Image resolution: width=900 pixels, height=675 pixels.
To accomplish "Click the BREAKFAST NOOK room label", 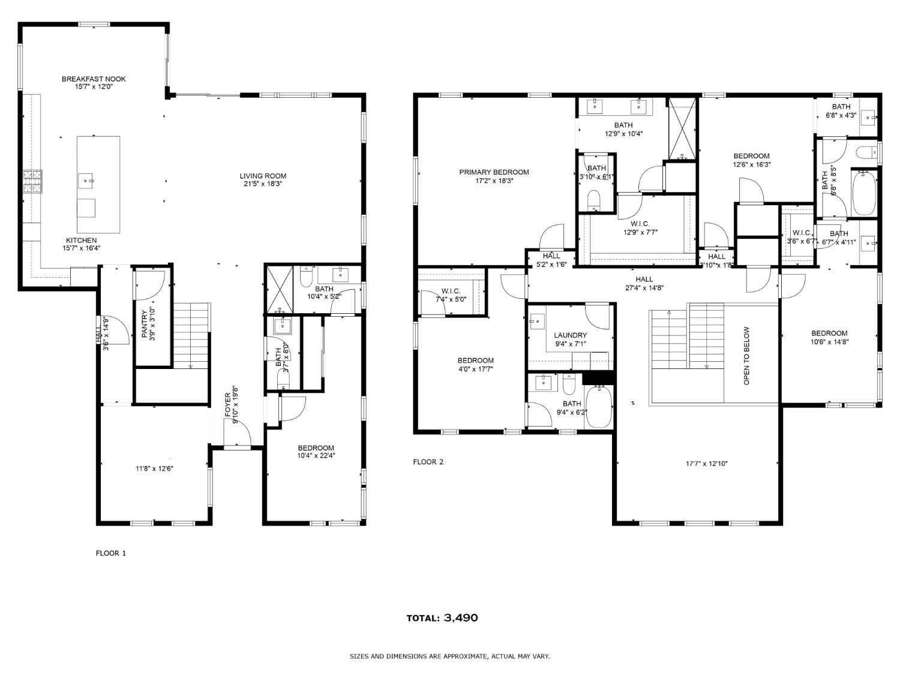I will point(94,79).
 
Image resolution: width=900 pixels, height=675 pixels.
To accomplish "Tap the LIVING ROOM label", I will point(263,176).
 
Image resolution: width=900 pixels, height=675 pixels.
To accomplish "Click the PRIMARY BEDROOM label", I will point(494,172).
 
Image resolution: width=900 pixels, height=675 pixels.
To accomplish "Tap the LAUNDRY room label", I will point(570,335).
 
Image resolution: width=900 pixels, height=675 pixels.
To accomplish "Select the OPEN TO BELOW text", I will point(747,355).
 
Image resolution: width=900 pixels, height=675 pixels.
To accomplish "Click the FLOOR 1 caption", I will point(111,553).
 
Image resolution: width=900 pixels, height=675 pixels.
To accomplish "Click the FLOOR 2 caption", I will point(428,462).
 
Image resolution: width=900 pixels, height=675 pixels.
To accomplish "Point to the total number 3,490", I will point(461,618).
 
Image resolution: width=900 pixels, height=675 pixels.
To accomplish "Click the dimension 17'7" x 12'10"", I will point(707,464).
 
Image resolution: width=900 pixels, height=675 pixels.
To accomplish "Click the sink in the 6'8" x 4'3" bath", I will point(868,118).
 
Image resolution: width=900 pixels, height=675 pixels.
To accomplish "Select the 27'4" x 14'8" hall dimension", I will point(644,287).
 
